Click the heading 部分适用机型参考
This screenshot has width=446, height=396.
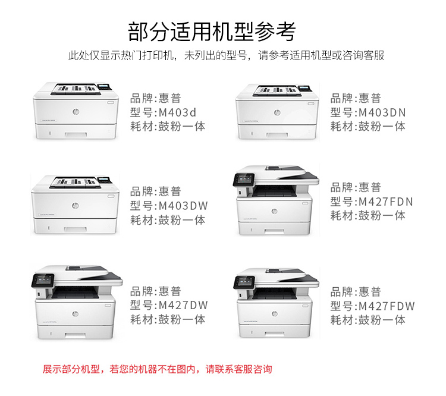tap(212, 32)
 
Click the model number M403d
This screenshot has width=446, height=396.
tap(177, 112)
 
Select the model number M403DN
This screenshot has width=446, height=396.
tap(382, 112)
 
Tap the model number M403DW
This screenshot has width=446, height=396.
tap(183, 206)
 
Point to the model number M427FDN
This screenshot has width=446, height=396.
tap(386, 202)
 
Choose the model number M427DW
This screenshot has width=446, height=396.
tap(183, 305)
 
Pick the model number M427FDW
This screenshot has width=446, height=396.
tap(387, 306)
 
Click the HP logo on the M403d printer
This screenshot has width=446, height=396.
tap(76, 112)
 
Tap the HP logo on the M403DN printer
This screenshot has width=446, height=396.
tap(277, 112)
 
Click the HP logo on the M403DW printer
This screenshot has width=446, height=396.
tap(76, 205)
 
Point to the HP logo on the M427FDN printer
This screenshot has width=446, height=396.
tap(275, 211)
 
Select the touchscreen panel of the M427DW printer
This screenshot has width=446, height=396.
tap(43, 281)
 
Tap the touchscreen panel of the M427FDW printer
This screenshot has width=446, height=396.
tap(244, 282)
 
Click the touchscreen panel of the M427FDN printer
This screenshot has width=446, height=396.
tap(244, 180)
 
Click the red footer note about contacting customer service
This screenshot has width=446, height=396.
tap(158, 369)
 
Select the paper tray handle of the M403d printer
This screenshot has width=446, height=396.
tap(76, 134)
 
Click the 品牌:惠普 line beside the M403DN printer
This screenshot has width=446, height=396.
tap(356, 99)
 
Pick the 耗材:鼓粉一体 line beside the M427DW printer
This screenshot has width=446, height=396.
tap(168, 319)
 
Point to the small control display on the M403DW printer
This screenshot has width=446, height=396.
tap(105, 180)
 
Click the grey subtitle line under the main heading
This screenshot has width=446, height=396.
tap(227, 55)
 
